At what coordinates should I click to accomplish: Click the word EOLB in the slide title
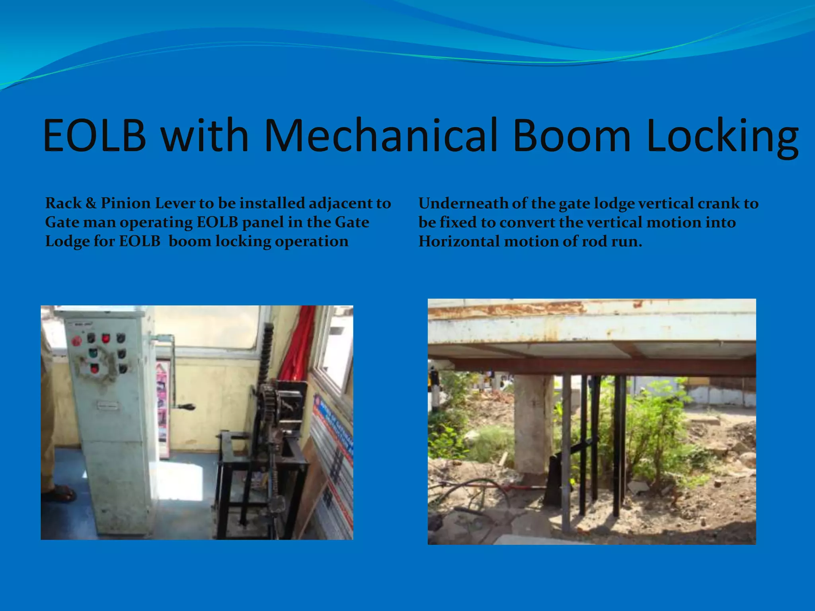(x=95, y=135)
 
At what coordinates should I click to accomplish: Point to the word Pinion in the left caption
(x=125, y=203)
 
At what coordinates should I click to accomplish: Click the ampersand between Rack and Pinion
(x=91, y=203)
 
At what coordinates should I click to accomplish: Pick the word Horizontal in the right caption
(x=459, y=241)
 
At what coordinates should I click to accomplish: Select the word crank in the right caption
(x=718, y=203)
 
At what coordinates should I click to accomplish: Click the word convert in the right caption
(x=527, y=222)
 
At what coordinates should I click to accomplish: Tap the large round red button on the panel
(x=76, y=341)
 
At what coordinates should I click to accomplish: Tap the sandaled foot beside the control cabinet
(x=60, y=493)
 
